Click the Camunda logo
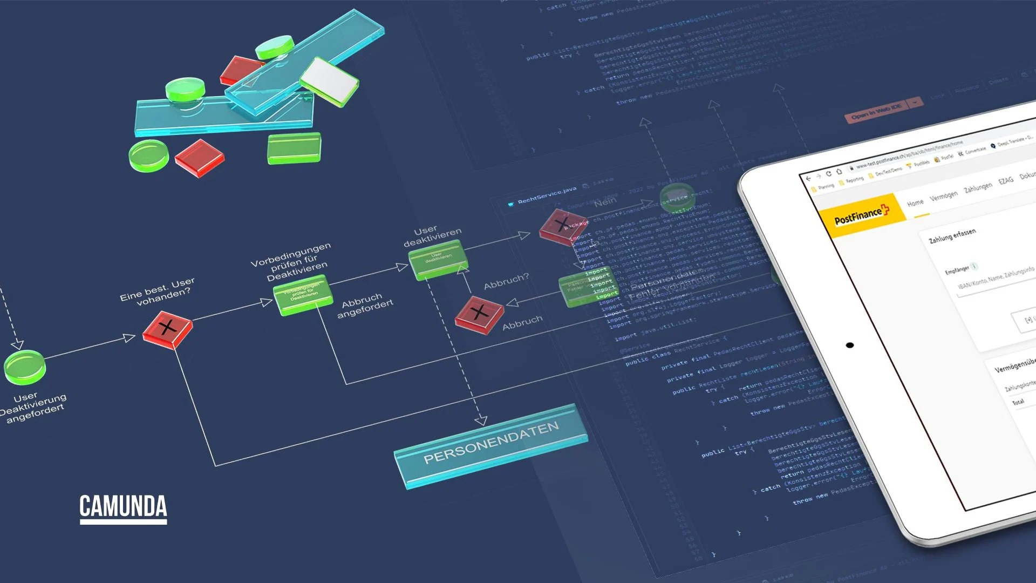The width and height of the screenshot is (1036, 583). click(123, 508)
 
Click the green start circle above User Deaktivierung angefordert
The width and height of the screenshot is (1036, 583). click(25, 367)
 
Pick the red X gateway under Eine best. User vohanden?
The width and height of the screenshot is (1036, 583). click(167, 328)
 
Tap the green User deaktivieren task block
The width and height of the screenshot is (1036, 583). click(438, 259)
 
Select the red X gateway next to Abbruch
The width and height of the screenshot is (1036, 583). click(479, 314)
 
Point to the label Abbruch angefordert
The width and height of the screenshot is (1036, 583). click(365, 306)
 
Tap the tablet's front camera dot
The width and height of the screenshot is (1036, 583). click(850, 345)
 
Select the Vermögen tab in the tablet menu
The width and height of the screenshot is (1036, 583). click(943, 195)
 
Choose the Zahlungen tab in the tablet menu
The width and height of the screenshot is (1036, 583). click(978, 187)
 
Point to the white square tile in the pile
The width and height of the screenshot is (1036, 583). click(329, 81)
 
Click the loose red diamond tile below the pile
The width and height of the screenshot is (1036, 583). click(200, 158)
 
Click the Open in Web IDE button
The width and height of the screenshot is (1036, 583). click(876, 111)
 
